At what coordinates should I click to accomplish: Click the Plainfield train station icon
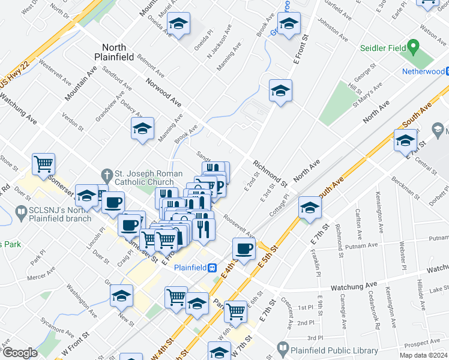click(212, 268)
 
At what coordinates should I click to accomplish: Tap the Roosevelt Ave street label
click(238, 226)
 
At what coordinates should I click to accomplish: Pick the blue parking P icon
click(219, 187)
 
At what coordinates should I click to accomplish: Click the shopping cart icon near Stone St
click(43, 163)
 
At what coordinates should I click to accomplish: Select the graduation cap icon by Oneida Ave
click(178, 24)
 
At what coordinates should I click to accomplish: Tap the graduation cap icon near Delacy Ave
click(143, 128)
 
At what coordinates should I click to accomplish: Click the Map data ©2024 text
click(423, 355)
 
